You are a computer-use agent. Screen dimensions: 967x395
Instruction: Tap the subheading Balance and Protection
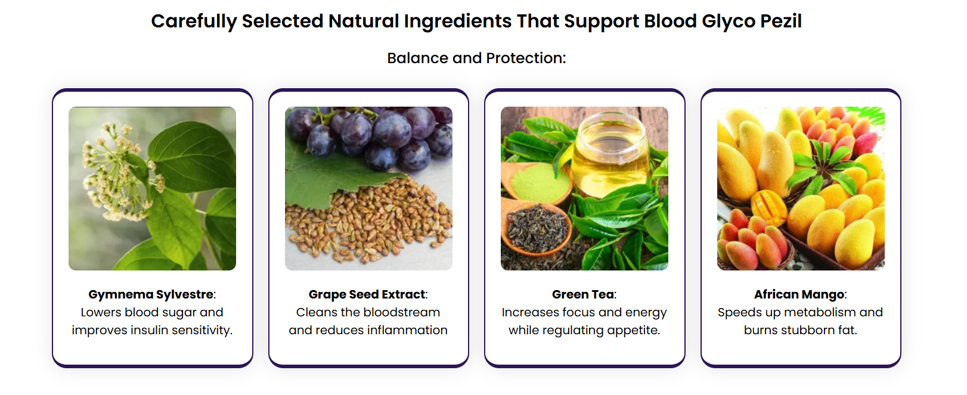(476, 58)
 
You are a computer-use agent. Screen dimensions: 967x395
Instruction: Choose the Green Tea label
(584, 294)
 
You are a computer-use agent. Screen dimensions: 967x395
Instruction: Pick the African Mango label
(800, 294)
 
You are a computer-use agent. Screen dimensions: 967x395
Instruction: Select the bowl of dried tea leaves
(536, 229)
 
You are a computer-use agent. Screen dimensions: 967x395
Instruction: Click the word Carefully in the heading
(194, 21)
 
